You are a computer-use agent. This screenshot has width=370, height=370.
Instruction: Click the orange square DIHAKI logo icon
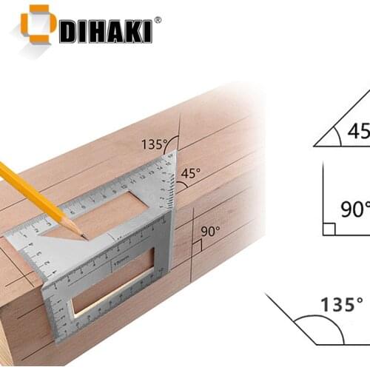[x=38, y=24]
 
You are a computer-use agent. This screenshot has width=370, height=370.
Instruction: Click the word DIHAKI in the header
[x=104, y=31]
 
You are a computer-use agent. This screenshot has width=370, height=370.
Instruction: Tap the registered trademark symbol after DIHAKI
[x=157, y=20]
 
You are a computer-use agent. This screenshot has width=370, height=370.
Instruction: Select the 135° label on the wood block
[x=153, y=144]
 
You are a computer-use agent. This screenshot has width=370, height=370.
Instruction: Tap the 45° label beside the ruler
[x=190, y=174]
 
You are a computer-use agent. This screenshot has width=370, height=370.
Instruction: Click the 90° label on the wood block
[x=210, y=231]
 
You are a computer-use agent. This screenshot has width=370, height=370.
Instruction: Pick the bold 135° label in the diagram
[x=341, y=303]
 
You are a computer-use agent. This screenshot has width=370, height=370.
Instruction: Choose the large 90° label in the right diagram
[x=354, y=209]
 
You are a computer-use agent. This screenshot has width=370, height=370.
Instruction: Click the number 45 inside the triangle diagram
[x=358, y=131]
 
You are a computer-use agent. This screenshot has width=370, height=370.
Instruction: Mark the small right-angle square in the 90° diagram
[x=329, y=229]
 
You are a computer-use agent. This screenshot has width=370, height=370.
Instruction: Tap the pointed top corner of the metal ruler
[x=175, y=153]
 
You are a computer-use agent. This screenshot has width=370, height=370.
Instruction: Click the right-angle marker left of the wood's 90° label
[x=196, y=245]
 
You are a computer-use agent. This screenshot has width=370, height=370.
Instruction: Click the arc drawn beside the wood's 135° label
[x=172, y=141]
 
